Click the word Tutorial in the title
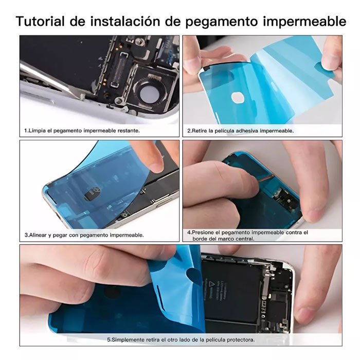click(40, 22)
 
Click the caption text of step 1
click(82, 131)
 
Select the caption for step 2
click(240, 131)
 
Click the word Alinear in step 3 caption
click(37, 235)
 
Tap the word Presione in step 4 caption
click(201, 232)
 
